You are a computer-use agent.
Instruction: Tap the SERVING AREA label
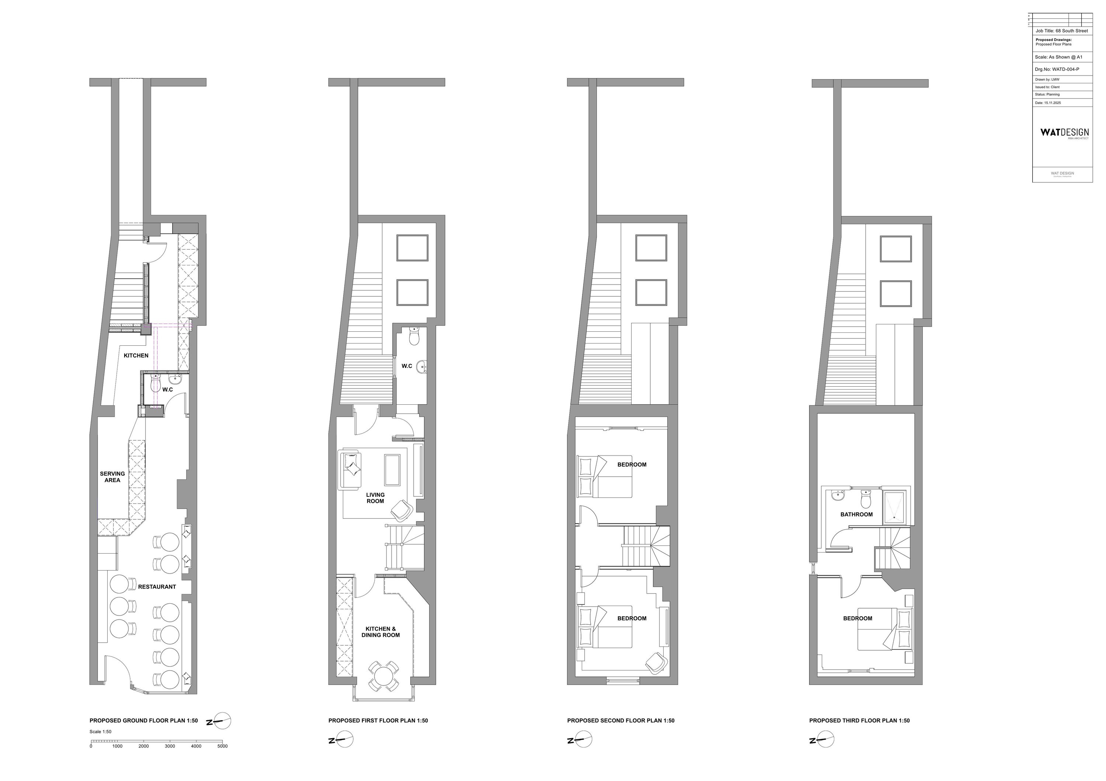[112, 477]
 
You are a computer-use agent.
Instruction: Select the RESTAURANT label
[157, 586]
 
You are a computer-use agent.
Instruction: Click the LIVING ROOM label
[375, 498]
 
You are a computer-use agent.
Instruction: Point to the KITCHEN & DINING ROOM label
[380, 632]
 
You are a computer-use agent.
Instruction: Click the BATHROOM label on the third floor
[856, 514]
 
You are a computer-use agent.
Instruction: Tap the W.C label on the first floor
[407, 366]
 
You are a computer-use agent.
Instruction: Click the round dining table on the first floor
[383, 676]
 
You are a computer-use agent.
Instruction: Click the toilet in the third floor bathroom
[866, 499]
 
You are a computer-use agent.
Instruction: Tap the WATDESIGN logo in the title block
[1064, 132]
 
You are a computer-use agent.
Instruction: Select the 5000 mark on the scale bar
[222, 746]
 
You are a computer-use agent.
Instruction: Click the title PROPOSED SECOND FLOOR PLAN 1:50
[620, 721]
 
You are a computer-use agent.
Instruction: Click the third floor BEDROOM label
[858, 618]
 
